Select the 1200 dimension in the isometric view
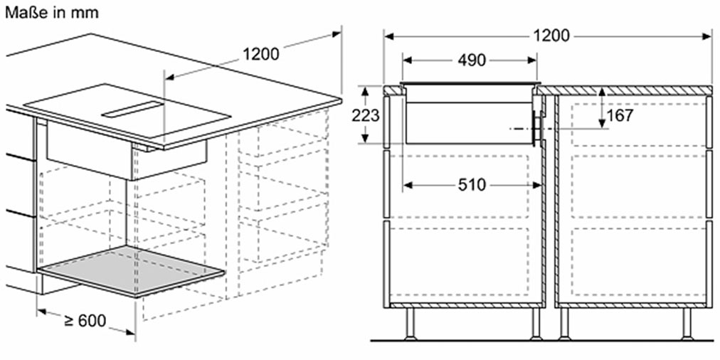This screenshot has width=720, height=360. point(260,55)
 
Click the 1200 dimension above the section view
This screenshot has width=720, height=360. point(551,36)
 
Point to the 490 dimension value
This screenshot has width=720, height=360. point(471,60)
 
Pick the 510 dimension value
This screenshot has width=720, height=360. point(472,184)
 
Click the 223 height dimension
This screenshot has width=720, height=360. point(366,116)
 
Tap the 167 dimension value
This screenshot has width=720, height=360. point(620,116)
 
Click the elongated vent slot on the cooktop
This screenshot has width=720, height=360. point(133,110)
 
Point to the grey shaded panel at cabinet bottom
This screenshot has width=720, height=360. point(131,271)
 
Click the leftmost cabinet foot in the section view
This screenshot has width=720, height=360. point(410,324)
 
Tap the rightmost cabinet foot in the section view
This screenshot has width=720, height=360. point(687,324)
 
